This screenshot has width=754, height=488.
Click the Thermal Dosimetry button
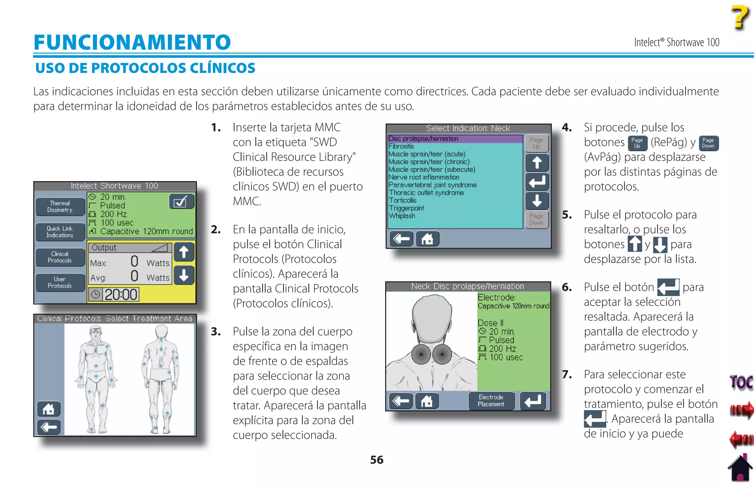[x=60, y=207]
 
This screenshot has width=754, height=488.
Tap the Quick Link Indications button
[x=60, y=232]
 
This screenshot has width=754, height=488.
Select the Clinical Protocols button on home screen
[x=60, y=257]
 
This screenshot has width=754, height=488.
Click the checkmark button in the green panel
[x=181, y=201]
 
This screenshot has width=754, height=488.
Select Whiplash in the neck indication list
[x=402, y=216]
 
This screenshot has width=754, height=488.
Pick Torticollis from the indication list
[x=403, y=200]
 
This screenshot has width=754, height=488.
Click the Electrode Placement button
[x=491, y=401]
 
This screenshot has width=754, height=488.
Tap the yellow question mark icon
[x=740, y=17]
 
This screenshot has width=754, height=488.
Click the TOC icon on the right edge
[x=741, y=382]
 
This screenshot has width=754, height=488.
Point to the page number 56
[x=377, y=460]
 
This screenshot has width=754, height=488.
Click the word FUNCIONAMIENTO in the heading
[x=132, y=42]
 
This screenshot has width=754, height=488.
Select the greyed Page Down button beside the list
[x=536, y=220]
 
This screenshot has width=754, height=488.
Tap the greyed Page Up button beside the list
[x=536, y=143]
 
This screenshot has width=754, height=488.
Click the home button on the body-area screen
[x=49, y=409]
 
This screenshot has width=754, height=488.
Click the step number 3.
[x=216, y=332]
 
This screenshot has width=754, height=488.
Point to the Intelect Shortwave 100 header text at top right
[x=676, y=43]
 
